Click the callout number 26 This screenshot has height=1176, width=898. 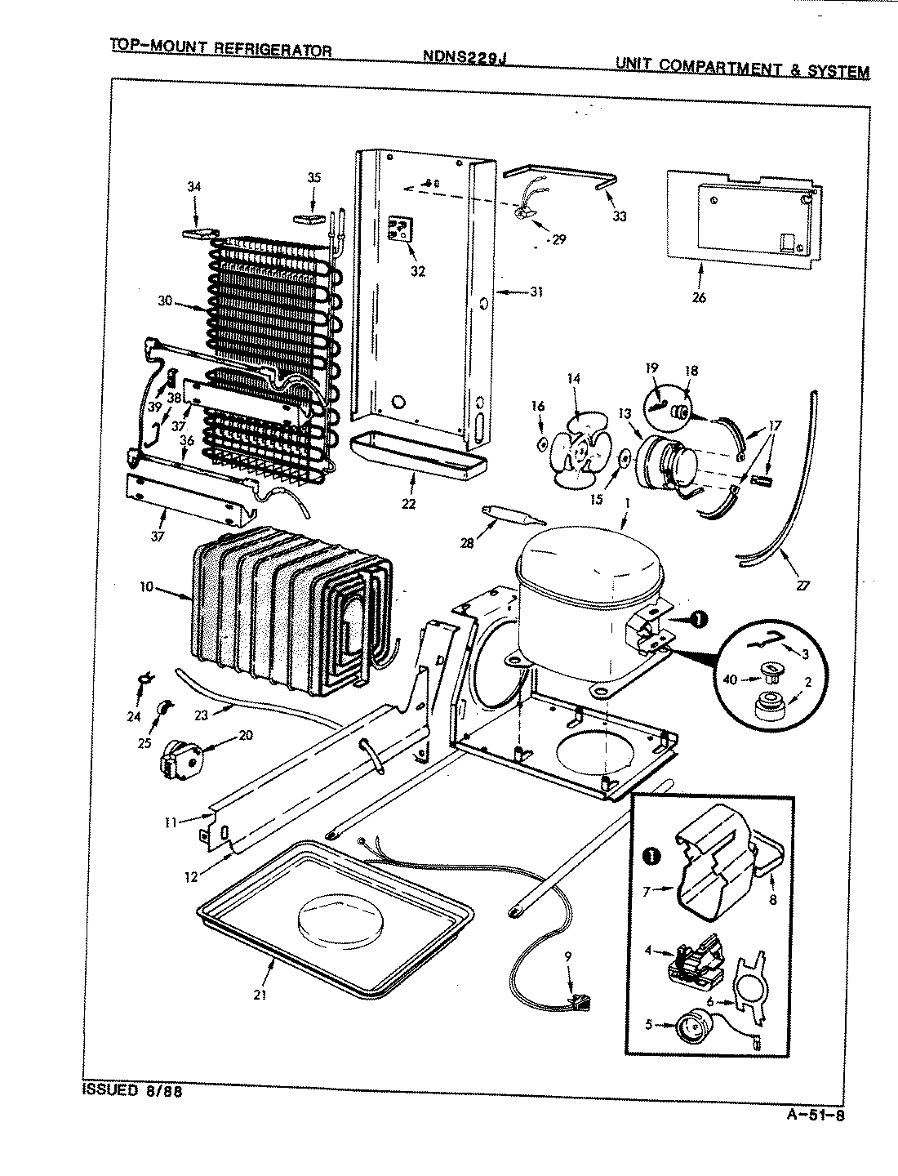[699, 297]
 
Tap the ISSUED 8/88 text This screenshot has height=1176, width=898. [131, 1090]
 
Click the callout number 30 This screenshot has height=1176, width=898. [166, 300]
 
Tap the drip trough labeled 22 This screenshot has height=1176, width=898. [416, 461]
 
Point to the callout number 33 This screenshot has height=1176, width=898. [620, 216]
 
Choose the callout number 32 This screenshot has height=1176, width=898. [417, 270]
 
